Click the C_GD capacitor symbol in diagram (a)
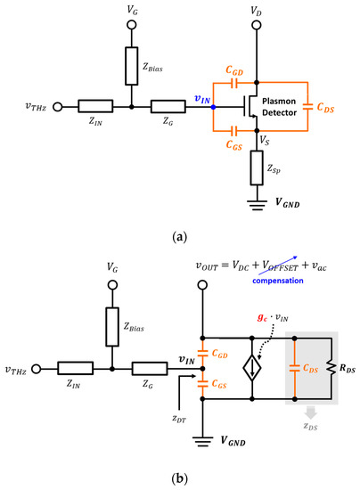(233, 82)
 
